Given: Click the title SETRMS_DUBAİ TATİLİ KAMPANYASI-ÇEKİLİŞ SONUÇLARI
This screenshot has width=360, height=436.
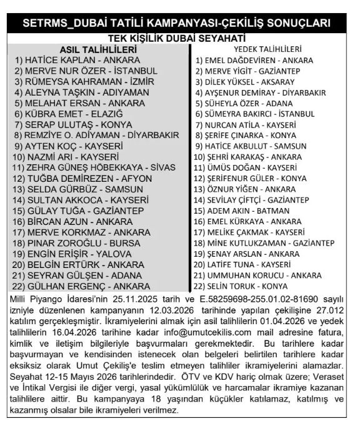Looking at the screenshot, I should coord(179,24).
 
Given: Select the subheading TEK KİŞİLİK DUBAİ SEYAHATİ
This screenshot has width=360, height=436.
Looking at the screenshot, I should coord(179,38).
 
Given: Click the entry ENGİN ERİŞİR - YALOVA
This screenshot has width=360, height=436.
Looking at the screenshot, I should coord(78,254).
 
